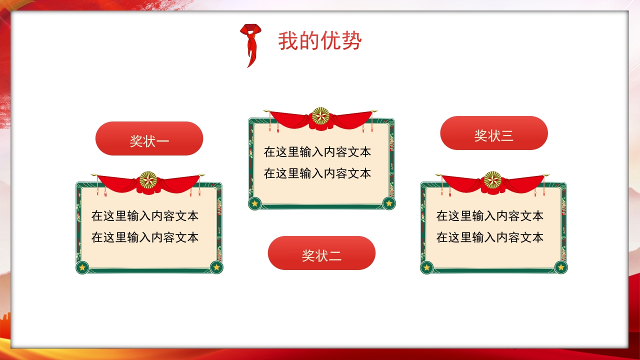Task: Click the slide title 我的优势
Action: pyautogui.click(x=319, y=41)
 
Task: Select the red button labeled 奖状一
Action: pyautogui.click(x=149, y=138)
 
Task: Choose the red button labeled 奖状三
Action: pyautogui.click(x=494, y=133)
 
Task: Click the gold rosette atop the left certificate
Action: pyautogui.click(x=148, y=179)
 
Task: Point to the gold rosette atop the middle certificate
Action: pyautogui.click(x=320, y=116)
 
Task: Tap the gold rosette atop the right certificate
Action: pyautogui.click(x=492, y=179)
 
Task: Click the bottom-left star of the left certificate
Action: pyautogui.click(x=82, y=267)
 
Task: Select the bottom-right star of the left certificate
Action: pyautogui.click(x=216, y=267)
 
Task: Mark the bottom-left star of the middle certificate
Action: pyautogui.click(x=255, y=203)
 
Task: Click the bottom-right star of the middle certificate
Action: pyautogui.click(x=388, y=203)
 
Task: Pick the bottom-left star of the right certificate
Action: pyautogui.click(x=426, y=267)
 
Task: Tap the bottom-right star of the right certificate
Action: pyautogui.click(x=560, y=267)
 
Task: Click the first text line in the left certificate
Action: pyautogui.click(x=145, y=216)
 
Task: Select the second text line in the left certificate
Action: pyautogui.click(x=145, y=237)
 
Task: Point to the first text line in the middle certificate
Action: pyautogui.click(x=317, y=152)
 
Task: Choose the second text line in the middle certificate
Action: pyautogui.click(x=317, y=173)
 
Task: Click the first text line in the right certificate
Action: pyautogui.click(x=490, y=216)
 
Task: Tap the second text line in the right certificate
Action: pyautogui.click(x=490, y=237)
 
